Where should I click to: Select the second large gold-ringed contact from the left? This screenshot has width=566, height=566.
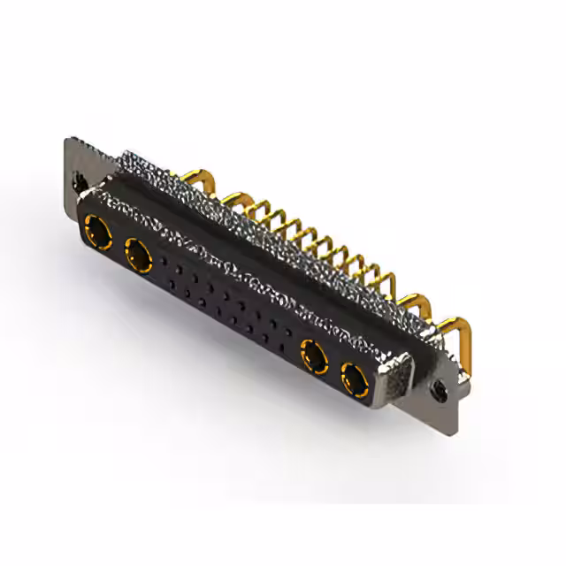point(139,256)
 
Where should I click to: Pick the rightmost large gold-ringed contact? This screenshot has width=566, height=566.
point(355,380)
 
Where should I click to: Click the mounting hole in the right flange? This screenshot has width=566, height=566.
point(440,387)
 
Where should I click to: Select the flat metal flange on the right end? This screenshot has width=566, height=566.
point(442,371)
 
